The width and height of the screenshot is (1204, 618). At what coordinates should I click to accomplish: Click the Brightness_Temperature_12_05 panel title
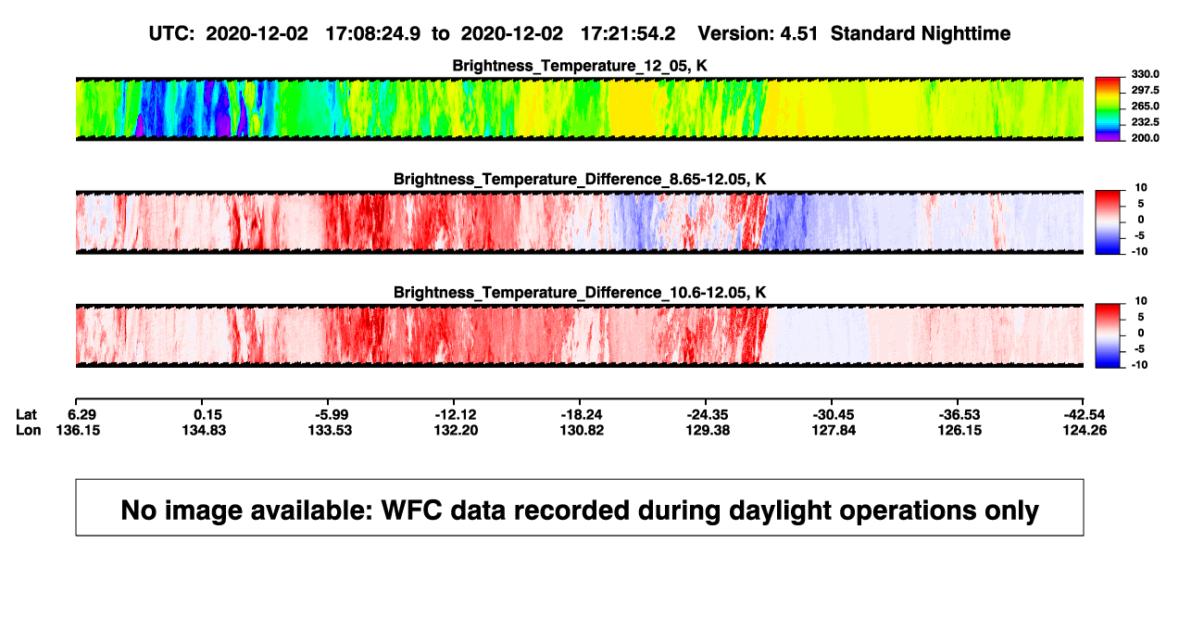[580, 66]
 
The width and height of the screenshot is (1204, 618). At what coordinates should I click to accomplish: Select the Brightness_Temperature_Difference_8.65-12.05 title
[580, 179]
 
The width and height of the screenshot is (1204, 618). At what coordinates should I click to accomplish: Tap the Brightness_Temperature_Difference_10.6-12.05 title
[580, 293]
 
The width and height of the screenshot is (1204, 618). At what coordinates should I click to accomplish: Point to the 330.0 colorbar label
[1145, 74]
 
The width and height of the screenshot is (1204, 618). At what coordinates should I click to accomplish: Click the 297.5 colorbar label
[1145, 90]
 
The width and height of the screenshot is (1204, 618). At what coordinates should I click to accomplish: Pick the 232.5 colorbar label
[1145, 122]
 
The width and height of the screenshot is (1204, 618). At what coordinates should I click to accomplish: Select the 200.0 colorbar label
[1145, 138]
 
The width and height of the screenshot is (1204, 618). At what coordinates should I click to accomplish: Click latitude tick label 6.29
[82, 415]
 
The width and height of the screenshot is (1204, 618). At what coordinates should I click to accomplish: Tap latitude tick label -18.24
[582, 415]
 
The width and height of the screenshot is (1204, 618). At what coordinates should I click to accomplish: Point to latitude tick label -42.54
[1085, 415]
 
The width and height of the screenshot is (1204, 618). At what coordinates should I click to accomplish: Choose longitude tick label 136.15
[78, 430]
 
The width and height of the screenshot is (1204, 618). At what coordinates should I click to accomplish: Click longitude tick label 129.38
[708, 430]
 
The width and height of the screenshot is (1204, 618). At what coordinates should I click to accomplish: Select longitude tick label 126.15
[959, 430]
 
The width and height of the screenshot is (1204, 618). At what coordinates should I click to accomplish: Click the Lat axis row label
[26, 415]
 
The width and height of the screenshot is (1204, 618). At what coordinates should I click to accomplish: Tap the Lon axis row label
[28, 430]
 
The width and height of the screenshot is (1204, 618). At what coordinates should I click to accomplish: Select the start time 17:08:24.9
[372, 34]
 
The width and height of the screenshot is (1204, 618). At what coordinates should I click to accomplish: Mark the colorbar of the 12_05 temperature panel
[1108, 109]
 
